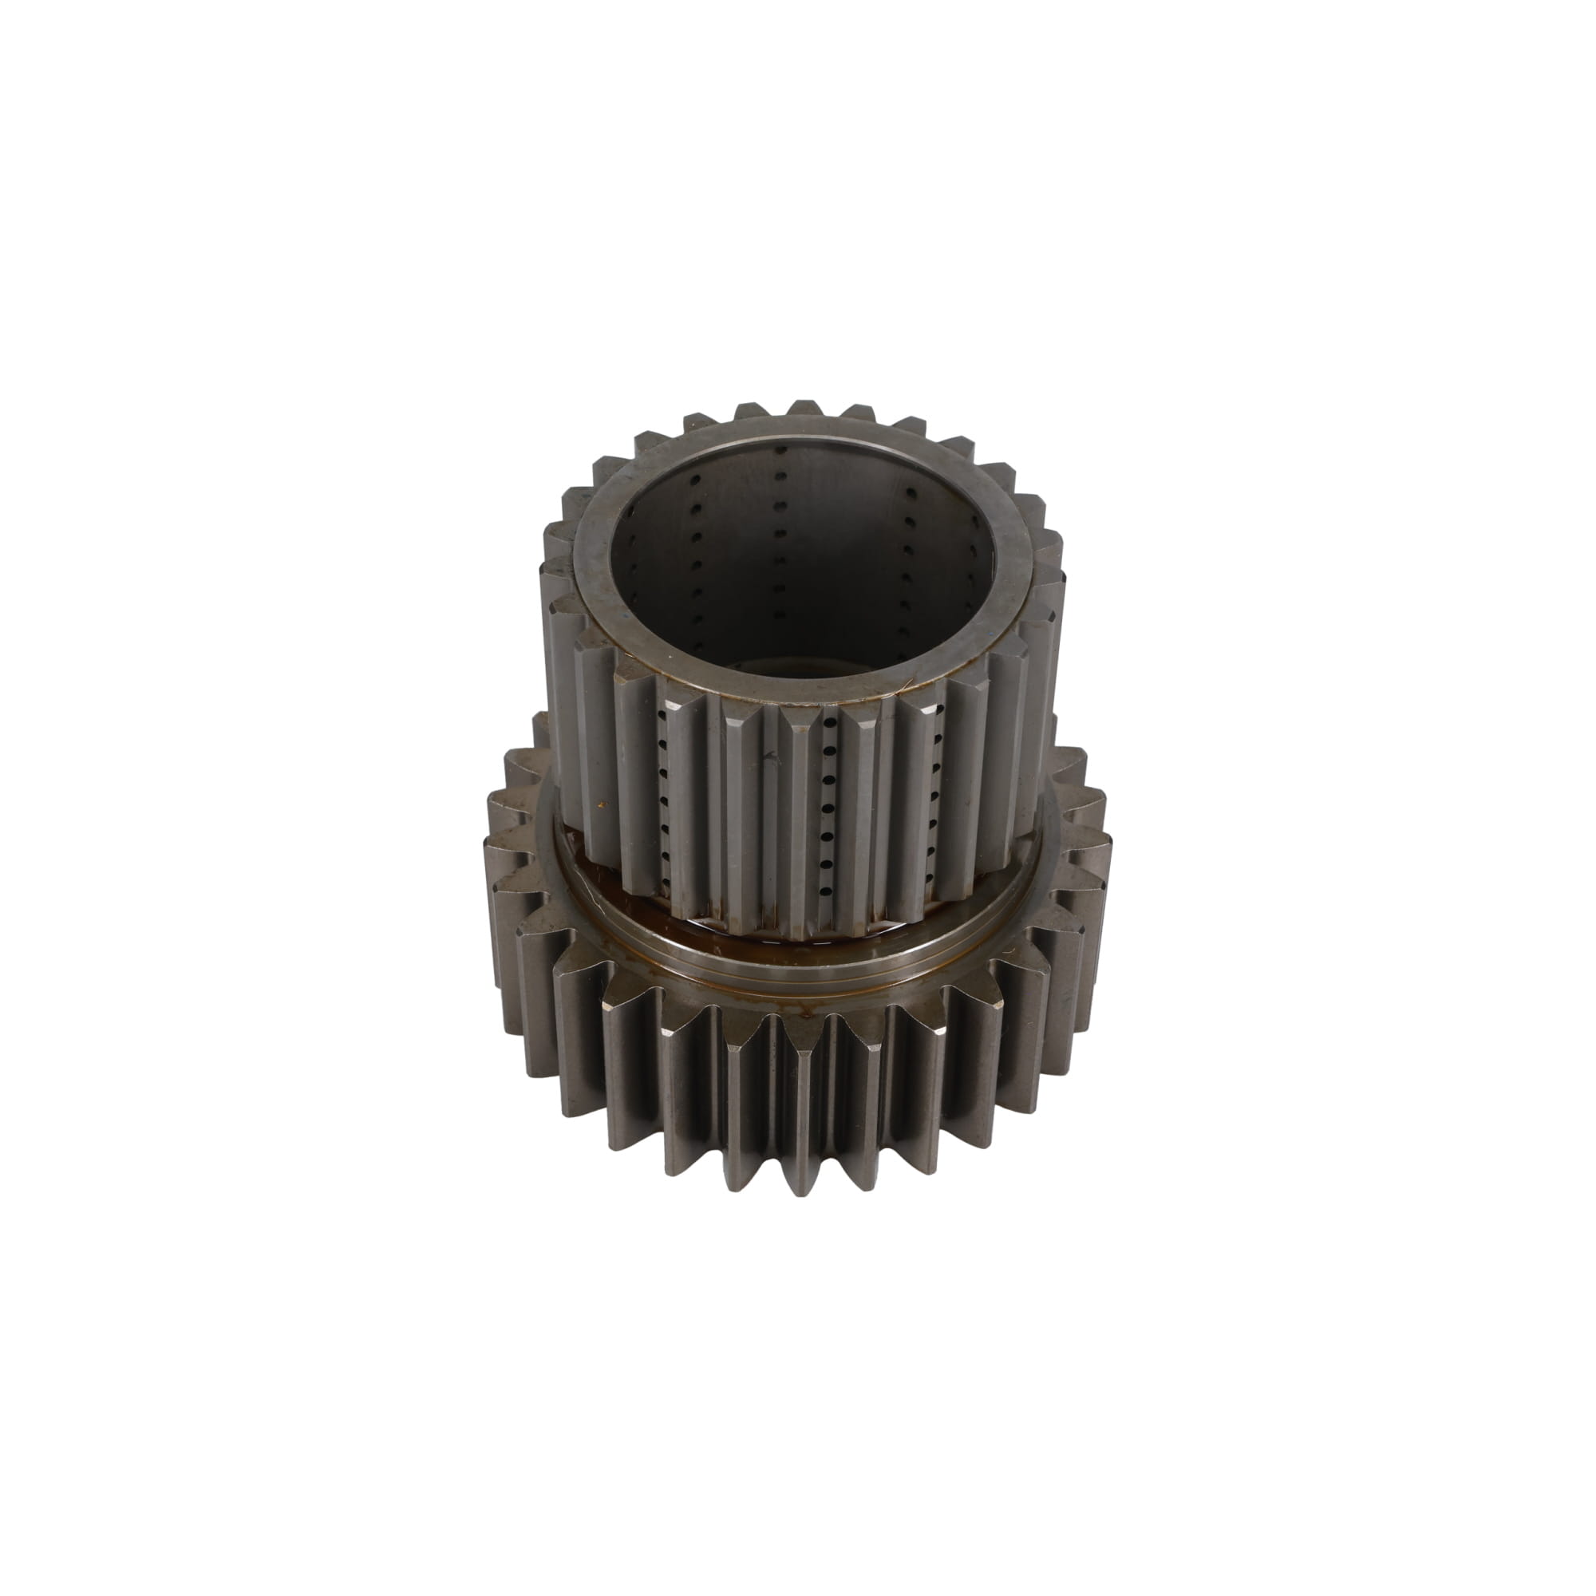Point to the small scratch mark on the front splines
coord(772,756)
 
